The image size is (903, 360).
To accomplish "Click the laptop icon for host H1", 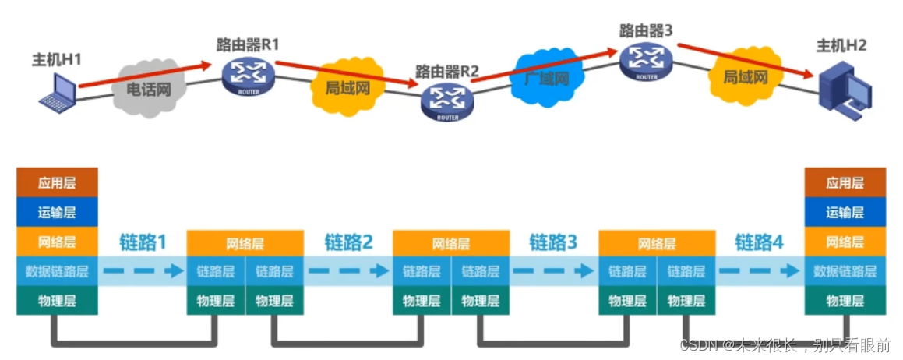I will pos(58,94).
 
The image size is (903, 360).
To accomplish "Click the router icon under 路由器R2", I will pos(447,101).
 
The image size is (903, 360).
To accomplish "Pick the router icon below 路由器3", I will pos(646,59).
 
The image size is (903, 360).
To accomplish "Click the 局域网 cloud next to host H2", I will pos(746,78).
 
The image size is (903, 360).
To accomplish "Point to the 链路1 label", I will pos(143,242).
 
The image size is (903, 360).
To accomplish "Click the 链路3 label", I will pos(553,242).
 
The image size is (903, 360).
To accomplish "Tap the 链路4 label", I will pos(759,242).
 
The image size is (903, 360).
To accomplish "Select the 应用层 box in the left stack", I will pos(58,183).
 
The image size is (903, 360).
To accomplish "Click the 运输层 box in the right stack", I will pos(845,212).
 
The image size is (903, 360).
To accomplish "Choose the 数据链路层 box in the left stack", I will pos(58,271).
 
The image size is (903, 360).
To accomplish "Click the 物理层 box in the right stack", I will pos(845,301).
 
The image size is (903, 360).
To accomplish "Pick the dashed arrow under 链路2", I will pos(347,271).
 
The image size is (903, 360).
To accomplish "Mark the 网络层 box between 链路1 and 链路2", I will pos(245,243).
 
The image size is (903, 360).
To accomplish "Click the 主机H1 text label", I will pos(56,60).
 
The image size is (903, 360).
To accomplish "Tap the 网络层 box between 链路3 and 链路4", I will pos(656,243).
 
